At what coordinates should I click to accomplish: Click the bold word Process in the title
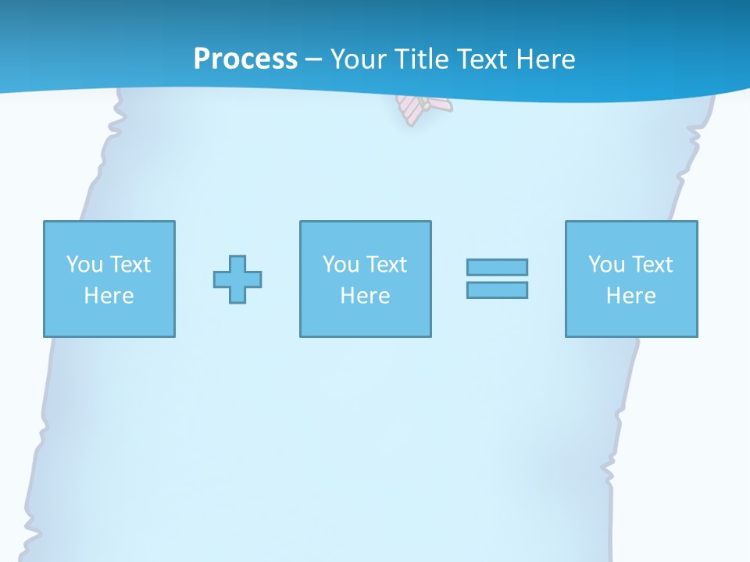(x=245, y=59)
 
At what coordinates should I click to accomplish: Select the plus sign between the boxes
(x=237, y=279)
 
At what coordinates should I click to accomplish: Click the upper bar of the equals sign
(x=497, y=268)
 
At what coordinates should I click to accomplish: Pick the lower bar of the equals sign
(x=497, y=290)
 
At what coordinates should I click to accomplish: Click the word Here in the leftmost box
(x=109, y=296)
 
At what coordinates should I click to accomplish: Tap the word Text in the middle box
(x=387, y=265)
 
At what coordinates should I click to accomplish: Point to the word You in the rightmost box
(x=606, y=265)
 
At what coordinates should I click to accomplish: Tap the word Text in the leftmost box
(x=130, y=265)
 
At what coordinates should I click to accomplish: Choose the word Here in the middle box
(x=365, y=296)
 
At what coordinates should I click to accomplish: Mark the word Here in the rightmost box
(x=630, y=296)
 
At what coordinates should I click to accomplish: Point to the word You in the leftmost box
(x=84, y=265)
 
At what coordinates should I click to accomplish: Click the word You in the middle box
(x=341, y=265)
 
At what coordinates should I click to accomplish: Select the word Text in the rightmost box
(x=652, y=265)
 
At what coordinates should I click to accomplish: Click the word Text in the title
(x=482, y=59)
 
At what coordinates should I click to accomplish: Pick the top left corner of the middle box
(x=301, y=222)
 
